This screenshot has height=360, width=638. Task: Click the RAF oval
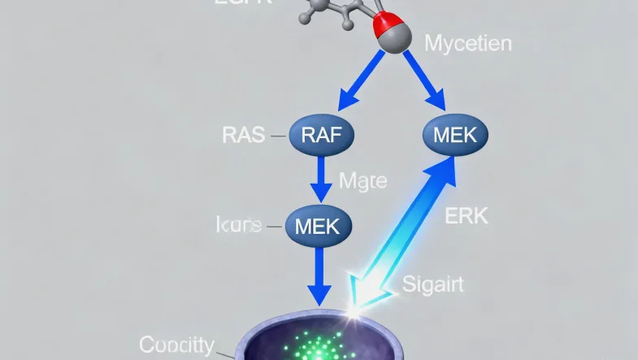(322, 135)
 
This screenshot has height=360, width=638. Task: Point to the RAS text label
(243, 135)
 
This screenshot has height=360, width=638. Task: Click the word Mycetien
(469, 42)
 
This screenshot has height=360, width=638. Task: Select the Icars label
(240, 225)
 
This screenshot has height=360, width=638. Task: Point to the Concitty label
(177, 345)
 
